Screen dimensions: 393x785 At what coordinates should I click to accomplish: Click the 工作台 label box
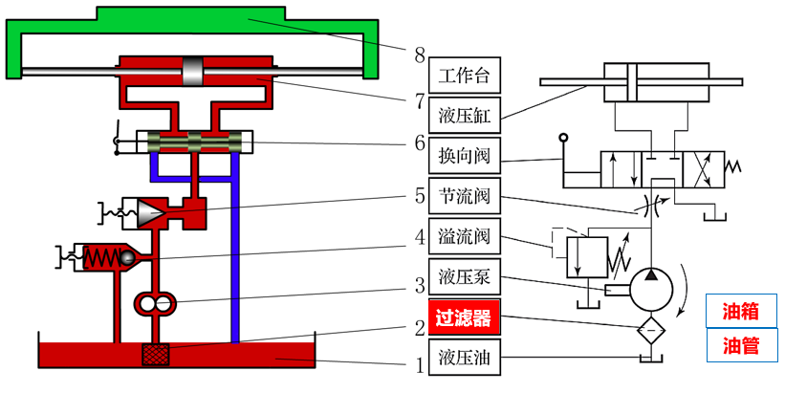(464, 75)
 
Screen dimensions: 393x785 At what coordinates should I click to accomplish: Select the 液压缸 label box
(464, 115)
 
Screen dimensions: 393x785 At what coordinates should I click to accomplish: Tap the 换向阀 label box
(464, 155)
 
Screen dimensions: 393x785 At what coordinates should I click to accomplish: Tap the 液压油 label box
(464, 359)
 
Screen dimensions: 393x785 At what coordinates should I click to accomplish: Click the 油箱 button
(741, 311)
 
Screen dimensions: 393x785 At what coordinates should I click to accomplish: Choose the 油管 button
(741, 345)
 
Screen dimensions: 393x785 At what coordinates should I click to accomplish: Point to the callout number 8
(418, 55)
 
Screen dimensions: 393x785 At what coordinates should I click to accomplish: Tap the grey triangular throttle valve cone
(149, 213)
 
